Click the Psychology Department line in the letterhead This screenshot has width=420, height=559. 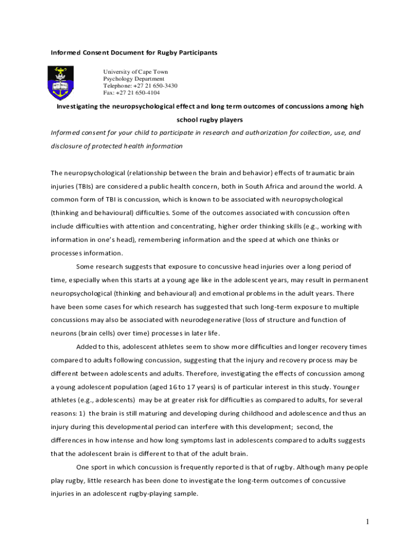[x=134, y=79]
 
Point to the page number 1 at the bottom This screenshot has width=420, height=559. [x=368, y=522]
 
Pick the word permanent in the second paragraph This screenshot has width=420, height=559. [x=346, y=280]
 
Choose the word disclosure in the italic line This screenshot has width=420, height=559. [x=69, y=146]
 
